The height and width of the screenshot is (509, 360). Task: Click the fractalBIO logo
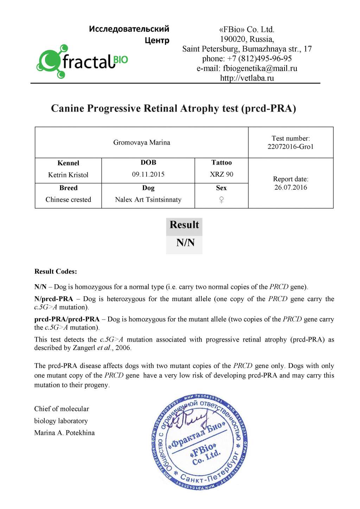tap(82, 62)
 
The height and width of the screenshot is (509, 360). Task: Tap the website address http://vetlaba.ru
tap(247, 78)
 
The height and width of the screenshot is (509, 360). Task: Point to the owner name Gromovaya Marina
tap(141, 142)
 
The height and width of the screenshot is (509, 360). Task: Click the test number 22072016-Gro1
tap(290, 147)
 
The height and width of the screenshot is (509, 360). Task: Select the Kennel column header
tap(68, 163)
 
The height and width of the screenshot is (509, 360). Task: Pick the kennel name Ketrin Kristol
tap(68, 175)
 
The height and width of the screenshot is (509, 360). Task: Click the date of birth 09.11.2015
tap(148, 174)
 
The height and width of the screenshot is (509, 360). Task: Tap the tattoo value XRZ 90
tap(221, 174)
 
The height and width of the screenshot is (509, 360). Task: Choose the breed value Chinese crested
tap(68, 199)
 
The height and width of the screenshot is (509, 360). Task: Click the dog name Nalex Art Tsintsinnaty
tap(148, 199)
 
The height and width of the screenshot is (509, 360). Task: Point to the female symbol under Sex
tap(221, 199)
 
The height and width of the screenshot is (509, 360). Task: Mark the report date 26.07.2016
tap(291, 187)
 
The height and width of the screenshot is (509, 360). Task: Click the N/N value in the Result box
tap(185, 243)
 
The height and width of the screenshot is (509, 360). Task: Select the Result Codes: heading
tap(56, 271)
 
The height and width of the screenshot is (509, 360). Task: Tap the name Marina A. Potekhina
tap(64, 433)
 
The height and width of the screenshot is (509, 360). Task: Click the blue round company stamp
tap(200, 442)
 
